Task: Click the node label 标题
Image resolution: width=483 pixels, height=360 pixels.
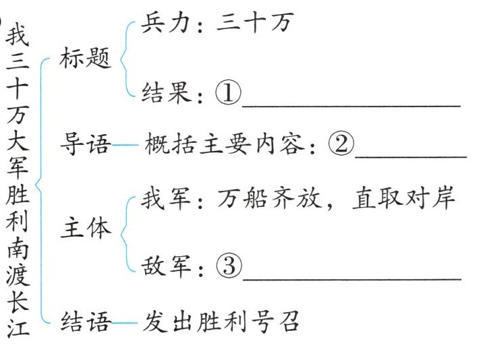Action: click(85, 59)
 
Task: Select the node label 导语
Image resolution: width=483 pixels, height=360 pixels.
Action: click(85, 143)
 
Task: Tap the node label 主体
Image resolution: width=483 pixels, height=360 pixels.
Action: click(85, 229)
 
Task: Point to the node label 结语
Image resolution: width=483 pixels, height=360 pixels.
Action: click(85, 322)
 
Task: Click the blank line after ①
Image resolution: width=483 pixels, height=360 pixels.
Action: click(351, 105)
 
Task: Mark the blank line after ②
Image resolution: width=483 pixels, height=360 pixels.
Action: click(410, 156)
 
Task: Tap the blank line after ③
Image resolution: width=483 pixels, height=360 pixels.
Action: click(351, 277)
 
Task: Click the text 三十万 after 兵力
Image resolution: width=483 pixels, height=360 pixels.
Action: click(254, 25)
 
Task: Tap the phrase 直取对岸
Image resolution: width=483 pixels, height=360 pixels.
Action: click(403, 198)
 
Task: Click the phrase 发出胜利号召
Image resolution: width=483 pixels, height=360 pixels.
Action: click(221, 322)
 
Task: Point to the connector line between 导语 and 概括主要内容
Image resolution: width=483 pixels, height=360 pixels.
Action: click(125, 144)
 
